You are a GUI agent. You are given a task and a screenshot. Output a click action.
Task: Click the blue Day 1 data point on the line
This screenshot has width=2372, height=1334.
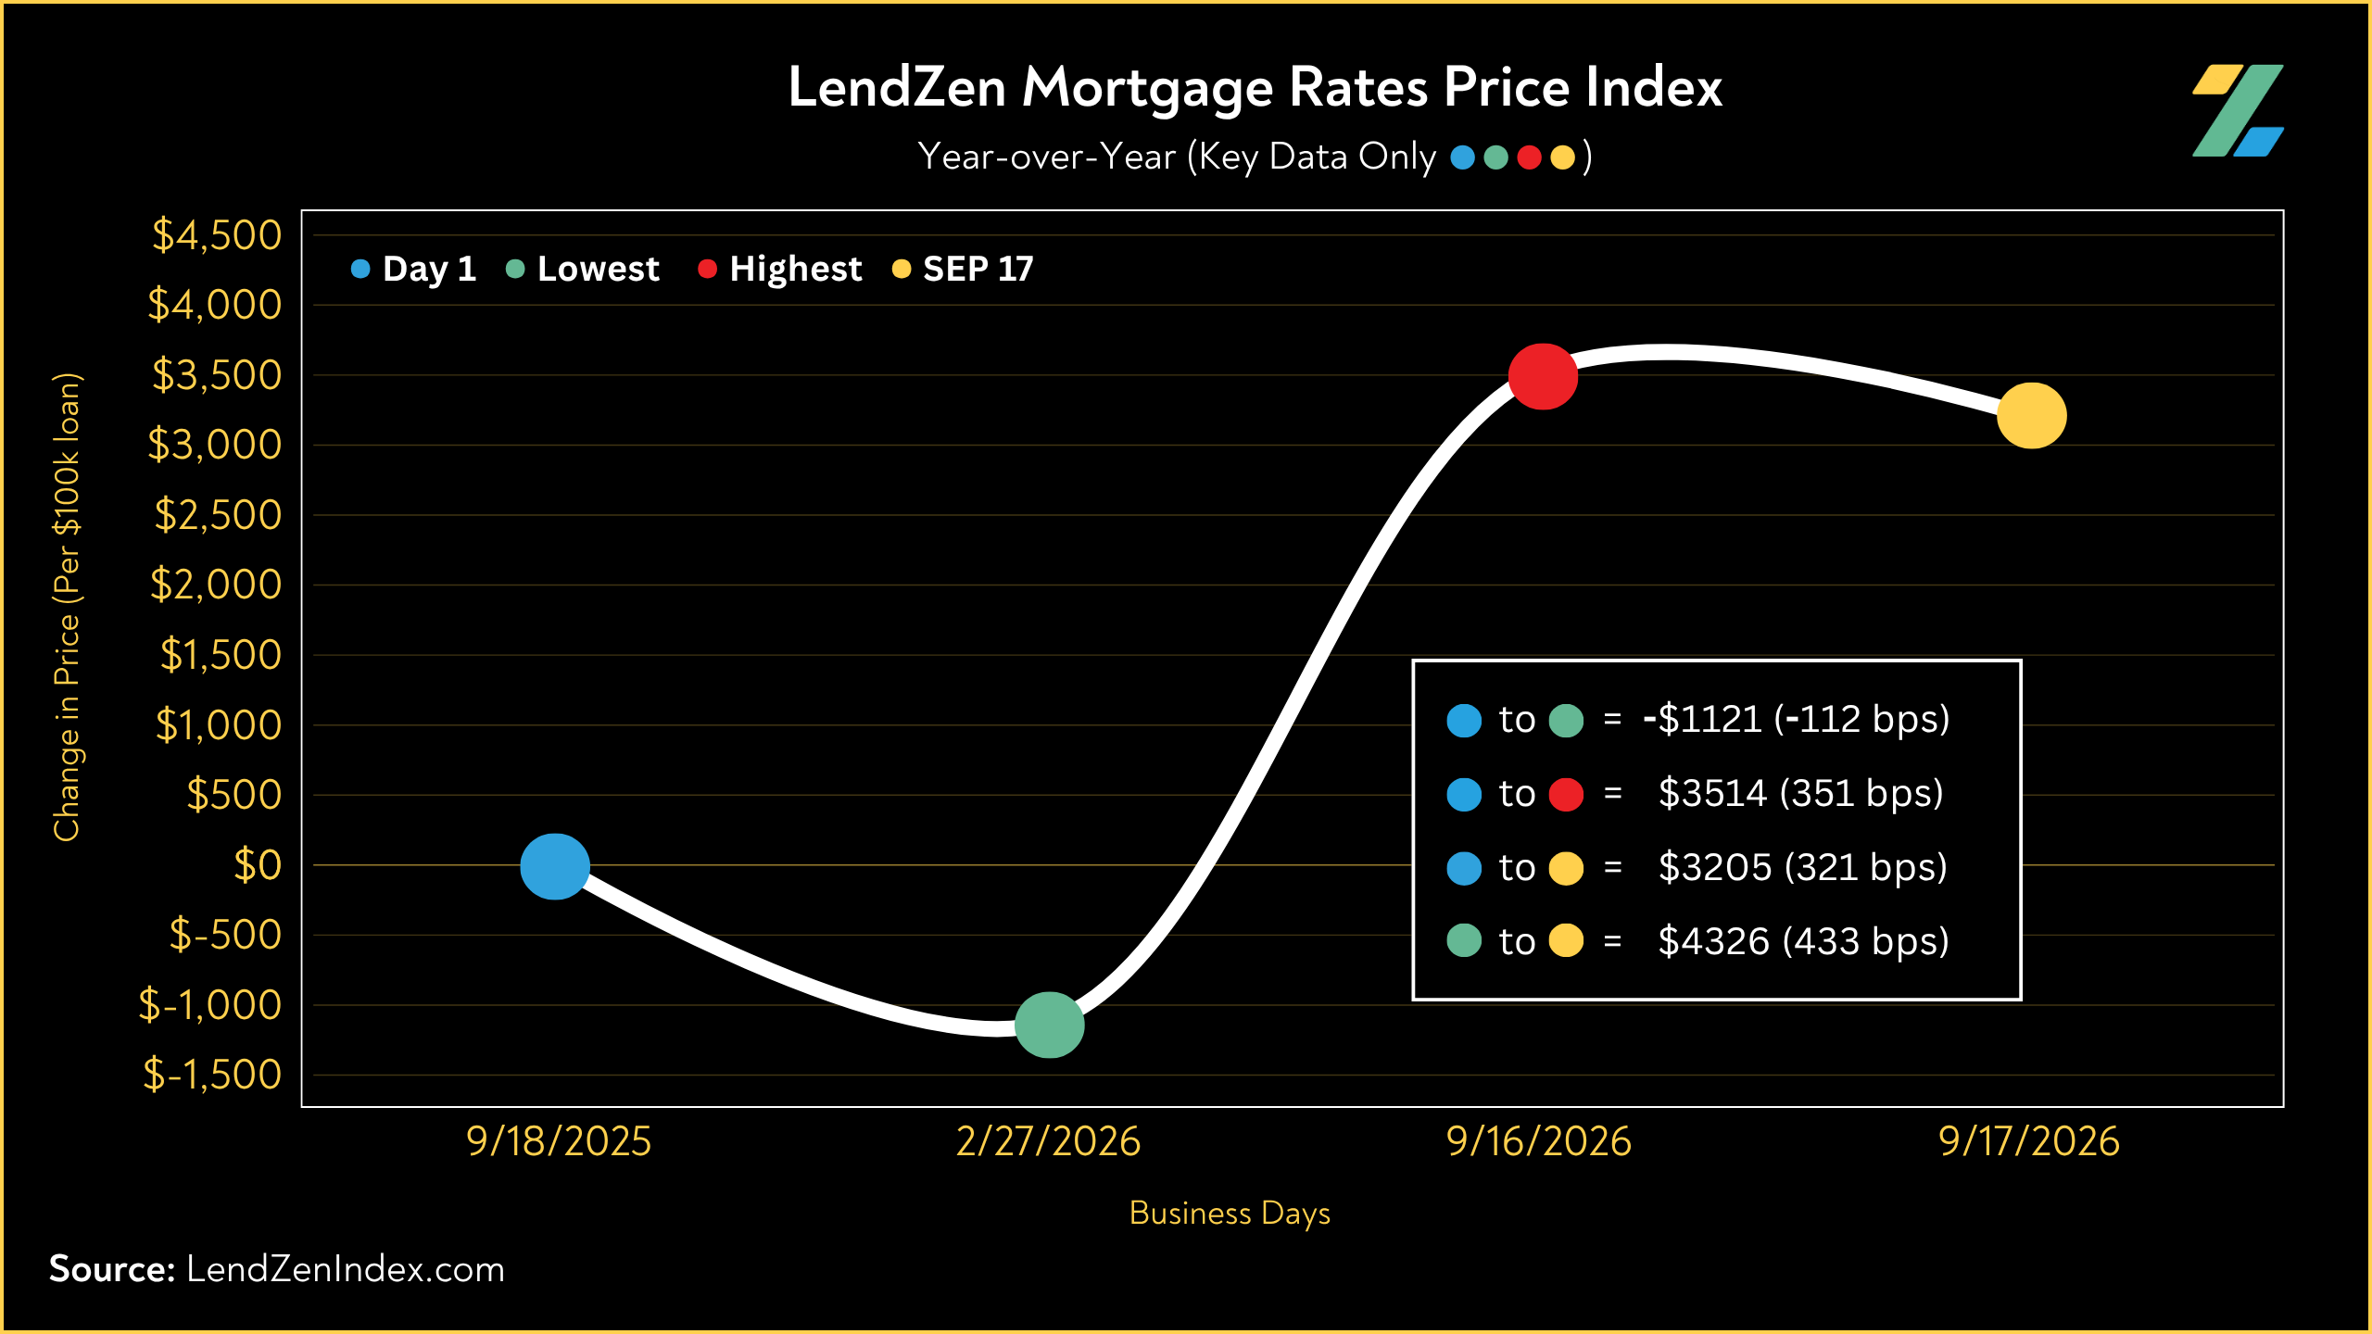(555, 866)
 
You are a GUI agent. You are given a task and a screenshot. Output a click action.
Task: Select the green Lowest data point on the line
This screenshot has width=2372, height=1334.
(1049, 1025)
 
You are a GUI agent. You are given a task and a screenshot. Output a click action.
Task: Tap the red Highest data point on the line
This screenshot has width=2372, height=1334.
(1543, 376)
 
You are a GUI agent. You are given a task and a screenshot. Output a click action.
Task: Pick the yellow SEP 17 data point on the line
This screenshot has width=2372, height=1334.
(2031, 415)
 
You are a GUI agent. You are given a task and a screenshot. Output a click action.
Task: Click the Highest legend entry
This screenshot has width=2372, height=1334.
(780, 269)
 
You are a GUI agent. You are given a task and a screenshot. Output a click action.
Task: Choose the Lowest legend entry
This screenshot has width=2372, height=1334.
(583, 269)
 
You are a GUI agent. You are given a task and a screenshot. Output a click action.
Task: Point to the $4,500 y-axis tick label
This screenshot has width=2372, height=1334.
(217, 234)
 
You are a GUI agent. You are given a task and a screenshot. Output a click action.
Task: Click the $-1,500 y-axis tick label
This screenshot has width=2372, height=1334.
(212, 1075)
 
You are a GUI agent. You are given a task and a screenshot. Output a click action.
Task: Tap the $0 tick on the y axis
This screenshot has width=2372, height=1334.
(258, 864)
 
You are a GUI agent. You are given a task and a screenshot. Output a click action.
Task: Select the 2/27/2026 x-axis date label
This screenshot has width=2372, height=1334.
(1048, 1141)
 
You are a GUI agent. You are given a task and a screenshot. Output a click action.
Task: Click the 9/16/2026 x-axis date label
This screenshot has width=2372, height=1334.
(1538, 1141)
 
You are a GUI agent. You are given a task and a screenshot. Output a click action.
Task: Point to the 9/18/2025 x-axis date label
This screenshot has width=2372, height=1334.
(559, 1141)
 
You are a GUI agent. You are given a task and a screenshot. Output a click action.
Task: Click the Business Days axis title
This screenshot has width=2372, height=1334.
(1230, 1214)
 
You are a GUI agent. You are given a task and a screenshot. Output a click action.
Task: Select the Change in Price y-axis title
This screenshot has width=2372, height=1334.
(68, 607)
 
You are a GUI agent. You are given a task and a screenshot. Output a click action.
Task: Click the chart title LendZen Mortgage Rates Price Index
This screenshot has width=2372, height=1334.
(1255, 88)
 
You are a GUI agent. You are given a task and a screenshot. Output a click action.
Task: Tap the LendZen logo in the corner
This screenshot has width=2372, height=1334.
(2238, 110)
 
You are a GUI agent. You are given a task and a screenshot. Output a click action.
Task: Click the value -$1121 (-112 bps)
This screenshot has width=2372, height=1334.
(1796, 719)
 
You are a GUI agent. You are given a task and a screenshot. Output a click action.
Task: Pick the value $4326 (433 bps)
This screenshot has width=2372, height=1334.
(1803, 941)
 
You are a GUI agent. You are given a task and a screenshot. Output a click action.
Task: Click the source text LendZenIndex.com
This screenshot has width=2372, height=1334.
(346, 1269)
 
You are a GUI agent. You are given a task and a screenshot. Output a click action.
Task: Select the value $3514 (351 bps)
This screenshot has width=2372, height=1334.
(1800, 793)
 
